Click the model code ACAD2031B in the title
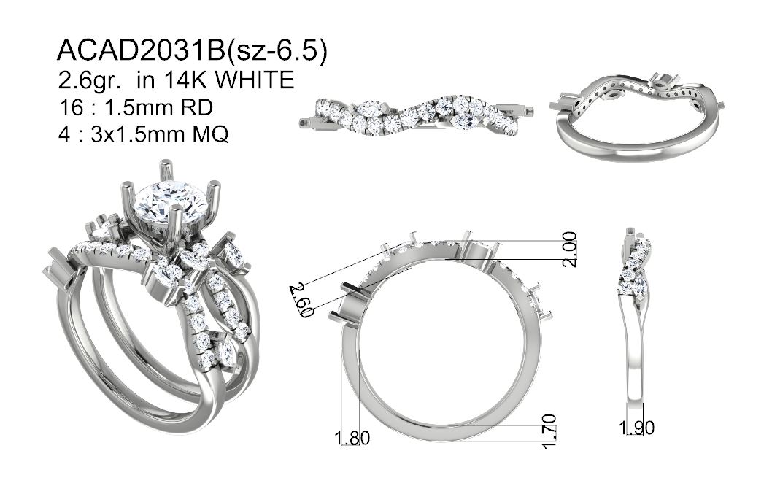coord(141,51)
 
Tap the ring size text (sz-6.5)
coord(277,51)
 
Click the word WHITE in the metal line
coord(255,80)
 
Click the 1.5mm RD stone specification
coord(158,107)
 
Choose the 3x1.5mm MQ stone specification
coord(160,134)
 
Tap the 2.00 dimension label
coord(570,249)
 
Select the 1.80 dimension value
coord(352,437)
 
